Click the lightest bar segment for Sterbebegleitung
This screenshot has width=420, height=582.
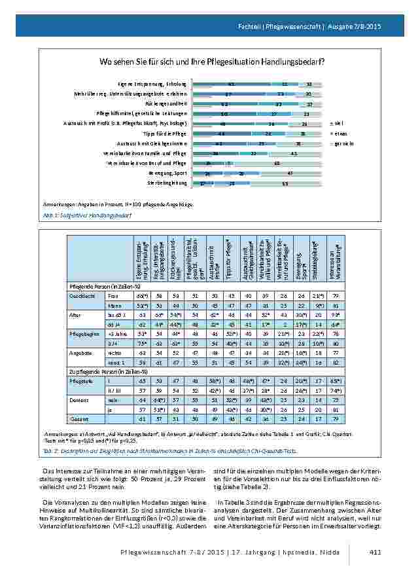click(x=285, y=183)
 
